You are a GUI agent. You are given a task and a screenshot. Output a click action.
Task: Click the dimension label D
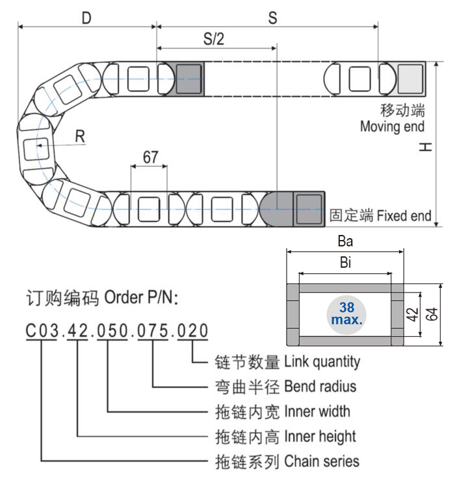click(86, 18)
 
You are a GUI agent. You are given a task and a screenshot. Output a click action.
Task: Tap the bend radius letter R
click(80, 136)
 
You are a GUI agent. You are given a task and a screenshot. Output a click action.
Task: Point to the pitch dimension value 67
click(150, 158)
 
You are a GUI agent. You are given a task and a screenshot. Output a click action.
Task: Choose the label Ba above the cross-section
click(345, 241)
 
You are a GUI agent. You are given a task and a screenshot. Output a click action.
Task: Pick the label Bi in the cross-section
click(346, 263)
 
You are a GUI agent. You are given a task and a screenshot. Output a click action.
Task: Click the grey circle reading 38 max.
click(346, 314)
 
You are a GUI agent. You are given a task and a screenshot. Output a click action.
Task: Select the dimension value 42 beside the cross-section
click(411, 315)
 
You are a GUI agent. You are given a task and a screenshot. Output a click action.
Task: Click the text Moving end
click(392, 126)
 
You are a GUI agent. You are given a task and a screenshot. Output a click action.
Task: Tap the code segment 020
click(192, 331)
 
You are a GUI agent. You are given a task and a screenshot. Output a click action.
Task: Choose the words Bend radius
click(320, 387)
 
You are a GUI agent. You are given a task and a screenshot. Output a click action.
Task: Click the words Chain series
click(321, 461)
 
